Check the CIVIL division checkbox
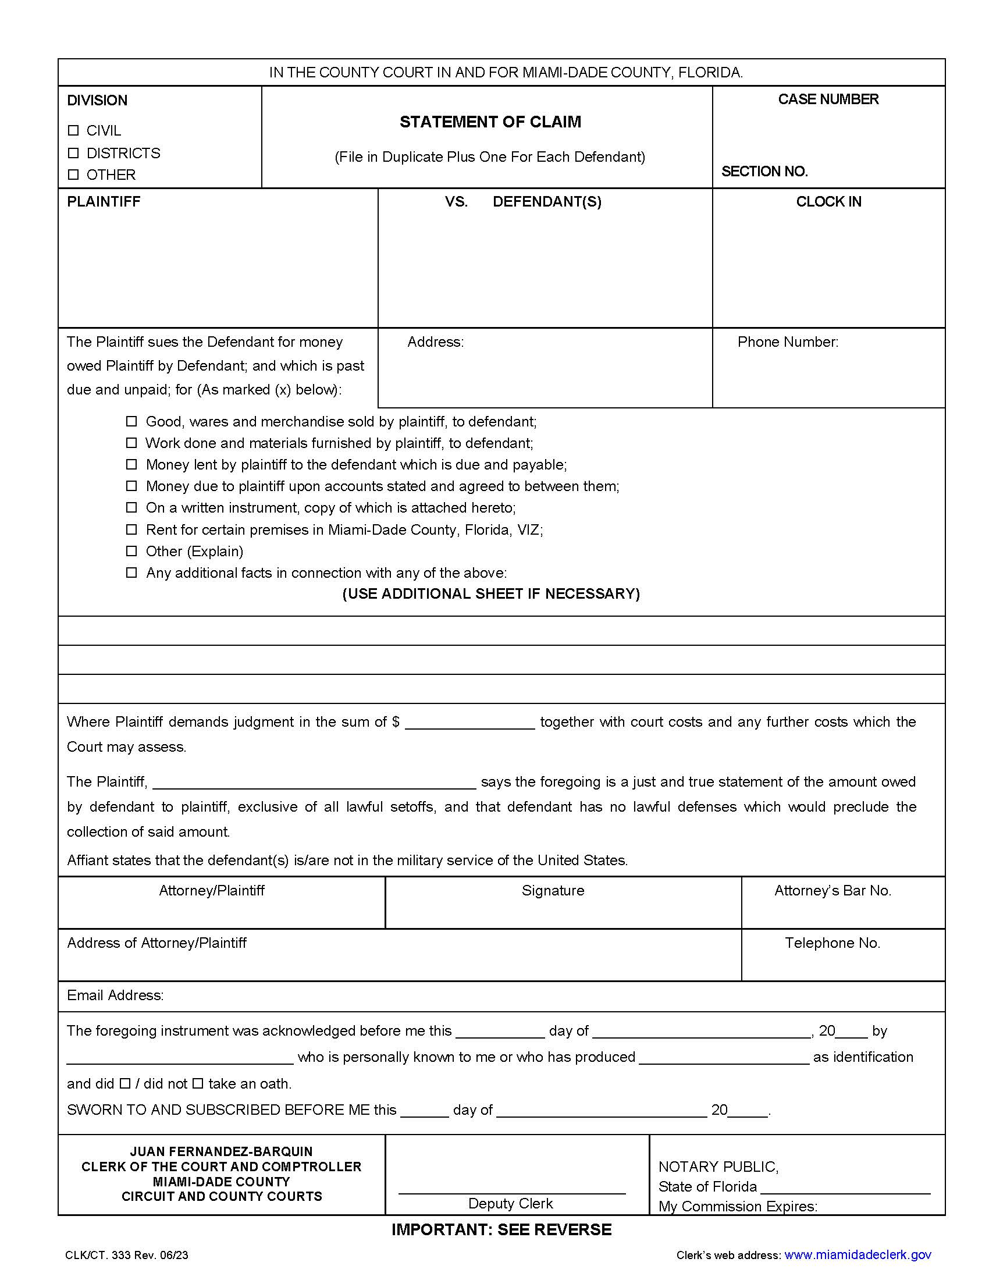[x=73, y=130]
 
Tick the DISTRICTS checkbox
[x=73, y=153]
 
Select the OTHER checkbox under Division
[x=73, y=175]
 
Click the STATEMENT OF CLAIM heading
[x=490, y=122]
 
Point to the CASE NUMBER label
[x=828, y=99]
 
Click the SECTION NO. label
[x=764, y=172]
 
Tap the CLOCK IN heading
[x=828, y=202]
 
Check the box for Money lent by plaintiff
[x=132, y=464]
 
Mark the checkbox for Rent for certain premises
[x=132, y=529]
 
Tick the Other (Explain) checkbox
[x=132, y=551]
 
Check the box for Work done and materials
[x=132, y=443]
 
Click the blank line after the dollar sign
[x=470, y=723]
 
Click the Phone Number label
[x=788, y=342]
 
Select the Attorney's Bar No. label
[x=832, y=891]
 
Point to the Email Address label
[x=115, y=995]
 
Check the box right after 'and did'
[x=125, y=1084]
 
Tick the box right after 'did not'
[x=197, y=1084]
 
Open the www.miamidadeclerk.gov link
[x=857, y=1255]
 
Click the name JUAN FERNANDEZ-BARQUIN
[x=222, y=1151]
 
